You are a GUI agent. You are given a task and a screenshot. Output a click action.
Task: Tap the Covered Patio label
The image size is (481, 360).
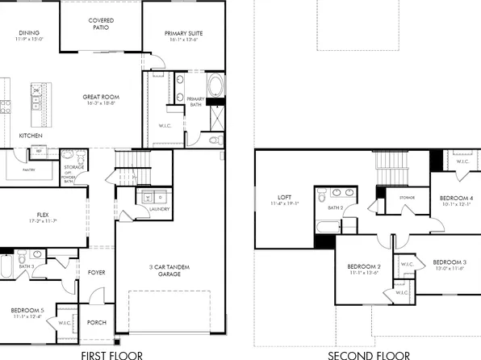click(x=101, y=23)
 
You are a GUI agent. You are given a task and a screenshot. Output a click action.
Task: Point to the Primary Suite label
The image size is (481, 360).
click(x=183, y=33)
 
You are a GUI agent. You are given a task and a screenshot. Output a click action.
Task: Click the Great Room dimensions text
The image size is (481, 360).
click(x=101, y=103)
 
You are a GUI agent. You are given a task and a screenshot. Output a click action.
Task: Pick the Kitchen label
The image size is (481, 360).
click(x=31, y=136)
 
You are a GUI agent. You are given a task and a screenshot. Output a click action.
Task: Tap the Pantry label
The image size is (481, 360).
click(x=27, y=170)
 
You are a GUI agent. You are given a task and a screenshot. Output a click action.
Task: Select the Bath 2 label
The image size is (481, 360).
click(x=336, y=207)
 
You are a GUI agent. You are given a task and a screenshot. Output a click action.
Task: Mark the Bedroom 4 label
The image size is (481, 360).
click(x=457, y=198)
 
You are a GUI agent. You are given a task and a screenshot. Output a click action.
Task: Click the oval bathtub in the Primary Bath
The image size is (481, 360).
click(x=217, y=86)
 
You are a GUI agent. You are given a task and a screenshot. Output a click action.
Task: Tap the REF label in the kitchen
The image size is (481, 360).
click(x=38, y=151)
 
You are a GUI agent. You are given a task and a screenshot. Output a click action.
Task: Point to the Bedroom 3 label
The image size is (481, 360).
click(x=449, y=262)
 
